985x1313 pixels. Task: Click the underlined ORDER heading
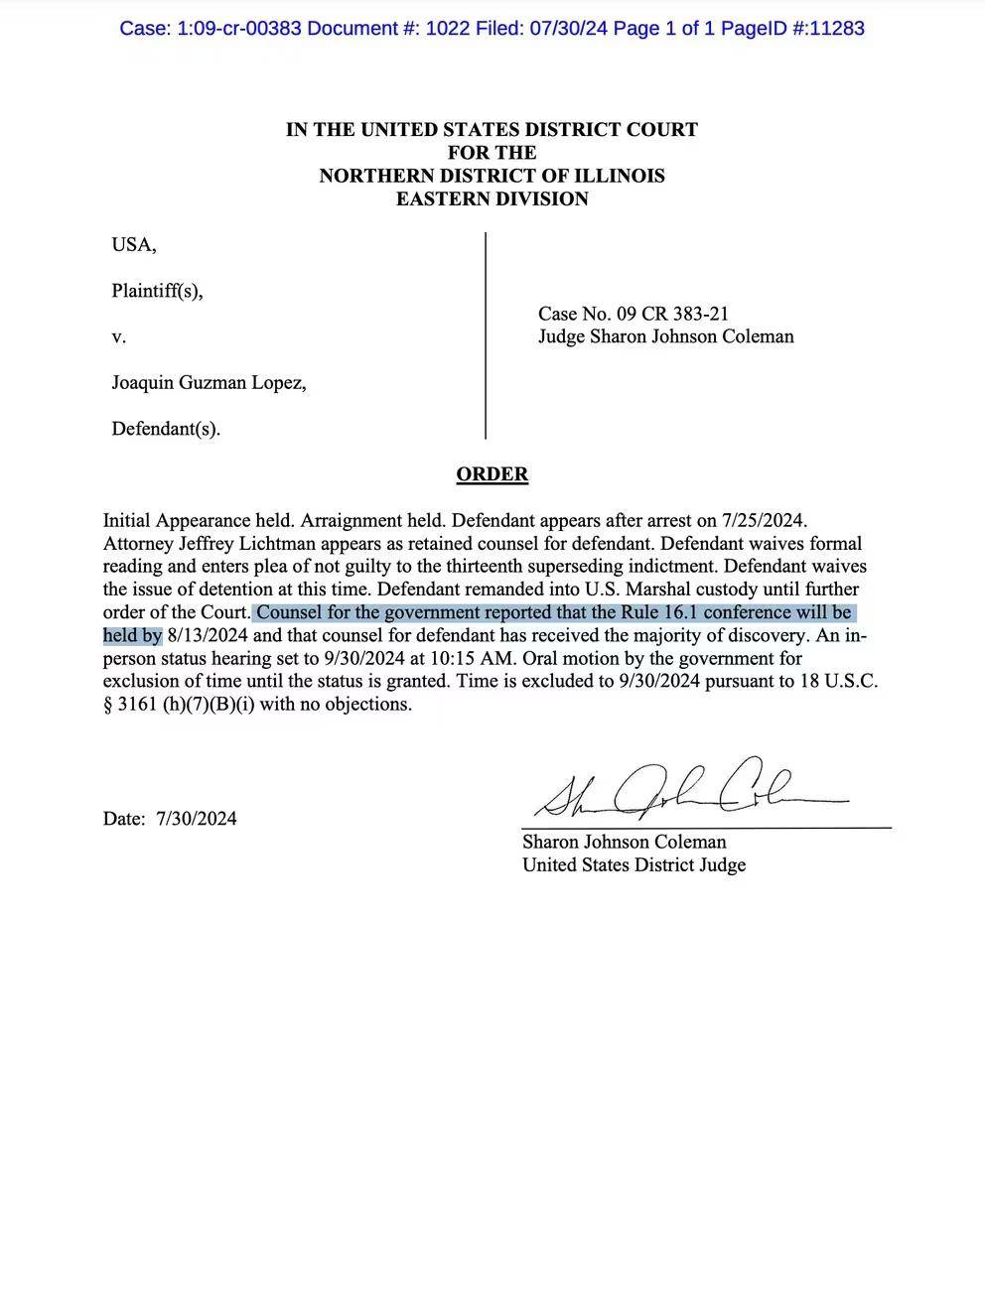pos(492,474)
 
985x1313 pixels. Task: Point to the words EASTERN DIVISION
pos(492,198)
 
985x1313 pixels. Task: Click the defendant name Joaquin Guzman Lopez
pos(209,382)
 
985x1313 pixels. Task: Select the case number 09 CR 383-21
pos(673,314)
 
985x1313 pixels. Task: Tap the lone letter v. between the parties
pos(118,337)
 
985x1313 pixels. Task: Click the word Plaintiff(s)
pos(157,291)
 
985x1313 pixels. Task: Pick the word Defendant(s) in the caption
pos(165,429)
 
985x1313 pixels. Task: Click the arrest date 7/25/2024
pos(764,520)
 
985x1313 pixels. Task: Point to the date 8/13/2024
pos(211,635)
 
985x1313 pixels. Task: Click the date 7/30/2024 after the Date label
pos(196,819)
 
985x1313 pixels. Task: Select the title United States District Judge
pos(633,864)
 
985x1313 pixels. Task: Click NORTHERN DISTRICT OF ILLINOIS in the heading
pos(492,176)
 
